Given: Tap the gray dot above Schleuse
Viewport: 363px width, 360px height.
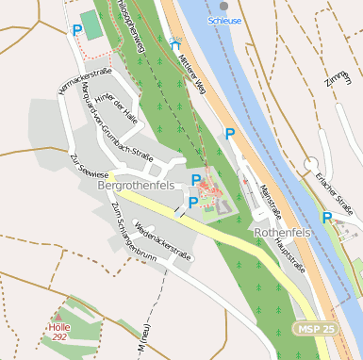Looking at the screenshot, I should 223,6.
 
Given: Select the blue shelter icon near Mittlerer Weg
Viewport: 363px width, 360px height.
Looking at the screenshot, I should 175,42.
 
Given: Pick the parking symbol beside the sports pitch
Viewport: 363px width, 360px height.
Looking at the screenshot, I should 76,30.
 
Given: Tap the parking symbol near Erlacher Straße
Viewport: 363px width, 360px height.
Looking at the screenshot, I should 327,218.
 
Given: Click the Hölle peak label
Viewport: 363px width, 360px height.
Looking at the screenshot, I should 59,330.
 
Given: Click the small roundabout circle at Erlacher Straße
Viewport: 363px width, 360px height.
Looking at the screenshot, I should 310,165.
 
